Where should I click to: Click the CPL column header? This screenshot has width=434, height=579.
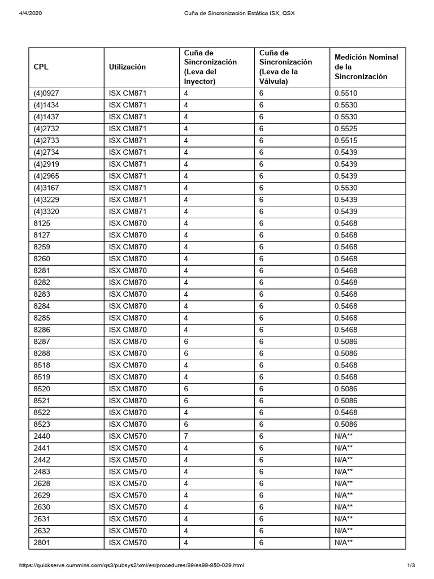tap(41, 67)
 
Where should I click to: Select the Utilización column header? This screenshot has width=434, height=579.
tap(127, 67)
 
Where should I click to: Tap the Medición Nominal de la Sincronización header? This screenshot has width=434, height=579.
tap(366, 67)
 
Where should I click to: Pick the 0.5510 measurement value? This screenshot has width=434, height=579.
tap(345, 93)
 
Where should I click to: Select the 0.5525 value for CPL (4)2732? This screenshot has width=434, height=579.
tap(345, 129)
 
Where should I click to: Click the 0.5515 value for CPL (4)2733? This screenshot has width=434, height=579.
tap(345, 141)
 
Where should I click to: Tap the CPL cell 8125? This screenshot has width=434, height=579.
tap(42, 223)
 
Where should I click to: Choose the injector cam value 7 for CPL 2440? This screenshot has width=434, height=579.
tap(186, 436)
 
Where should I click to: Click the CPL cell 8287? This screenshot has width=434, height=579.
tap(42, 342)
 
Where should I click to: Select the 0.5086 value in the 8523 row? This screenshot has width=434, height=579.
tap(345, 424)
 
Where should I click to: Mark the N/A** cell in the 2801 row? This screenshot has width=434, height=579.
tap(344, 543)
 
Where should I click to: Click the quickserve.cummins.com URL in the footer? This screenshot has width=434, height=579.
tap(132, 565)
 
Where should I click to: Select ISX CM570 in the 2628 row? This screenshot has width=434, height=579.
tap(128, 483)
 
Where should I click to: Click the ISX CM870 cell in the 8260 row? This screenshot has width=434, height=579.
tap(128, 259)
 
